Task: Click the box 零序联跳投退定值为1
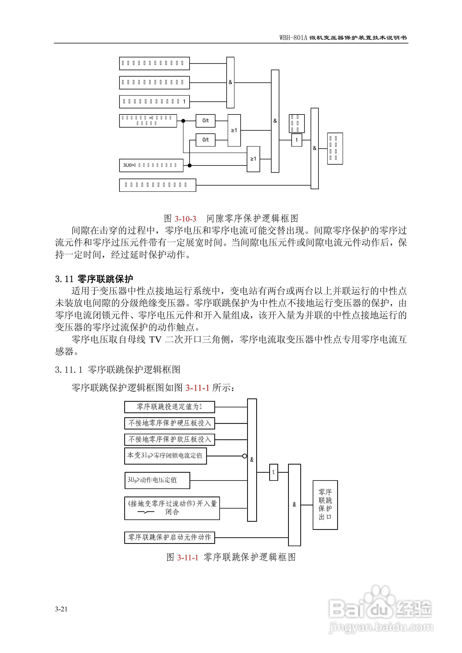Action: coord(169,407)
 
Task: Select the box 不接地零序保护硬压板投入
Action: coord(169,423)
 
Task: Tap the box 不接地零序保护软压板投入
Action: coord(169,439)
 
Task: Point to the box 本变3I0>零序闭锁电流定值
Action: coord(165,456)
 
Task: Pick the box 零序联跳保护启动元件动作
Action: coord(169,537)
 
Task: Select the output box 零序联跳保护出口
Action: coord(325,505)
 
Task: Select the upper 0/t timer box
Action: coord(205,121)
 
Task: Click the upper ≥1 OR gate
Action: coord(234,130)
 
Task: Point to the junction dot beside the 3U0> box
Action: coord(189,166)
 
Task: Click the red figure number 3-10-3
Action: coord(185,219)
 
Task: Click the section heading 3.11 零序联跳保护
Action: coord(94,279)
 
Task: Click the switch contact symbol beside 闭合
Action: coord(146,512)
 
